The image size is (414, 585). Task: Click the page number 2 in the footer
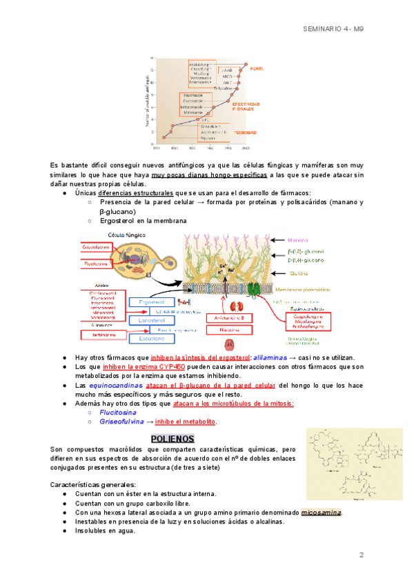[x=361, y=555]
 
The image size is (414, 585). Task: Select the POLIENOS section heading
[x=172, y=439]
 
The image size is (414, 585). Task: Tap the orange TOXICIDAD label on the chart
[x=245, y=131]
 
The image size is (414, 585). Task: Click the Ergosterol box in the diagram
[x=152, y=302]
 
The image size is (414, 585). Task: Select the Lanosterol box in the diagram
[x=152, y=321]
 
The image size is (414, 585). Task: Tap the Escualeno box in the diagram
[x=152, y=339]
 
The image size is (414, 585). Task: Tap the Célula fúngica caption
[x=106, y=235]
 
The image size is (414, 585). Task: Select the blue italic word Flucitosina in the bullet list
[x=117, y=412]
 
